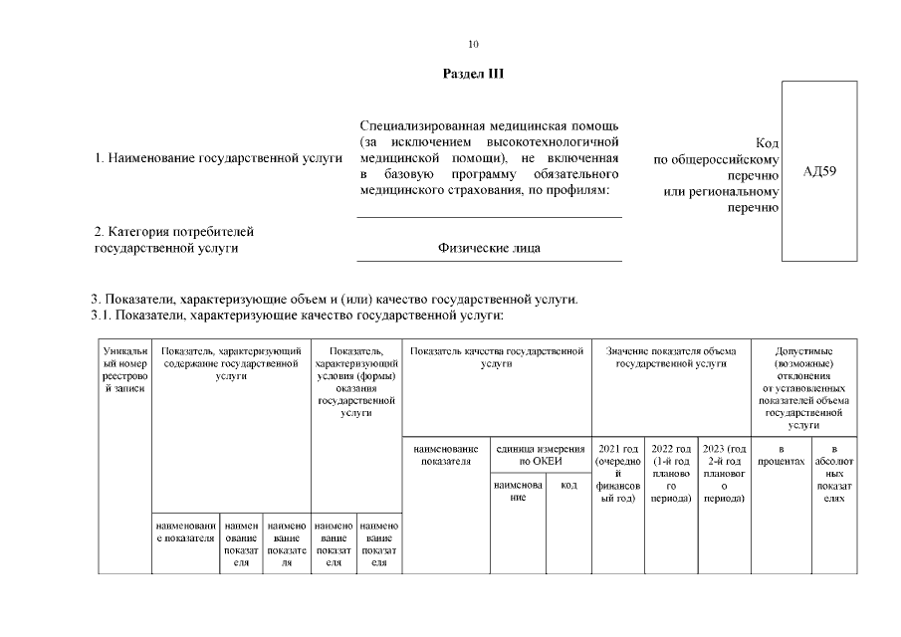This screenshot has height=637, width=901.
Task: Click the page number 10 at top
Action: (x=473, y=43)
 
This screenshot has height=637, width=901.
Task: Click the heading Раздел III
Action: (x=473, y=76)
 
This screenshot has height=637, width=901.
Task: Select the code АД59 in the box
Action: (x=819, y=172)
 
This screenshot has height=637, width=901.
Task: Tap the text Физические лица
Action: (x=489, y=248)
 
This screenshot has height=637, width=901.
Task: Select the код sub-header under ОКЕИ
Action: (x=568, y=486)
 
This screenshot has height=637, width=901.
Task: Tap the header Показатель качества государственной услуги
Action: (x=496, y=357)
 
